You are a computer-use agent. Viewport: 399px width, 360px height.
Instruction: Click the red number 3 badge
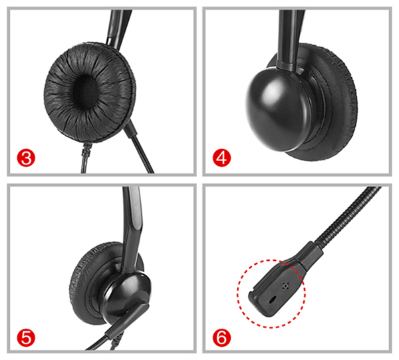(26, 158)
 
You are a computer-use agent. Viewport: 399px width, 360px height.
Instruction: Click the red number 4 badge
(221, 158)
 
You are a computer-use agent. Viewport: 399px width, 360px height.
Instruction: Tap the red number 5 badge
(26, 338)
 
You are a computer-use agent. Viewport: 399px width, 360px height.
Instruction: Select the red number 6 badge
(221, 338)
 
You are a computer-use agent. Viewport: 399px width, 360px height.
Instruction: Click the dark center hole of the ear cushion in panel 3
(86, 90)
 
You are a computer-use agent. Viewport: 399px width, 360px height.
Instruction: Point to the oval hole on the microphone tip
(273, 299)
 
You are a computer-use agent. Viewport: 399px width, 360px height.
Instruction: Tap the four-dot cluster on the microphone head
(286, 286)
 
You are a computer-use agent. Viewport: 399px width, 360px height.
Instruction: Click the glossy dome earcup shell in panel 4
(278, 110)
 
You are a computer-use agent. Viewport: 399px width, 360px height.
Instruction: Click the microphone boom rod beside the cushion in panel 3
(139, 146)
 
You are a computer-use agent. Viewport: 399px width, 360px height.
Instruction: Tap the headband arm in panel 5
(132, 229)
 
